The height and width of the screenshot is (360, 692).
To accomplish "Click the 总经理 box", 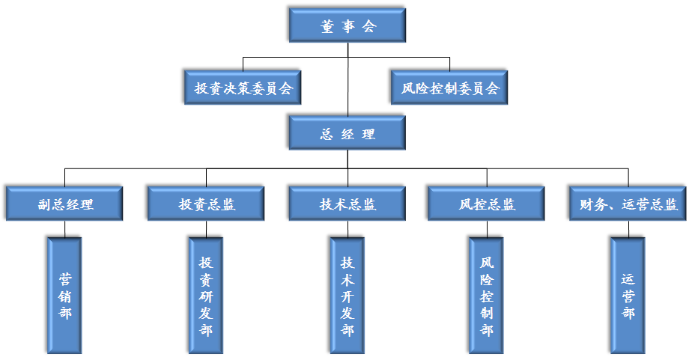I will coord(347,135).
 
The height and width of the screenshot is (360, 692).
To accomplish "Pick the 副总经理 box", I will coord(64,204).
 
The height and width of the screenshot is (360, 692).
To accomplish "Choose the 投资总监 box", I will coord(207,204).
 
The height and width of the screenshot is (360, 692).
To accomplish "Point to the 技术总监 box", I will coord(347,204).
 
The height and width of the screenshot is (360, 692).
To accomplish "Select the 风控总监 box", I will coord(487,204).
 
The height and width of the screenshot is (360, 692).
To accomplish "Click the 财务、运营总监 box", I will coord(628,204).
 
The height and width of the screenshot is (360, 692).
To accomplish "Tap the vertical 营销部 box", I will coord(64,296).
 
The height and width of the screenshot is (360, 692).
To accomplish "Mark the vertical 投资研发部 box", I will coord(206,296).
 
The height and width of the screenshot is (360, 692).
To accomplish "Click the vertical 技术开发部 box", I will coord(347,296).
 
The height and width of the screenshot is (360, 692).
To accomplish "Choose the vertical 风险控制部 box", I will coord(487,296).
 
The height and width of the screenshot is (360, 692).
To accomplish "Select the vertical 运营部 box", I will coord(628,296).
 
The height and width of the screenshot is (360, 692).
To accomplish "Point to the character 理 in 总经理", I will coord(368,135).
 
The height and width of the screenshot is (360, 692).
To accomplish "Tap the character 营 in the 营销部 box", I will coord(65,279).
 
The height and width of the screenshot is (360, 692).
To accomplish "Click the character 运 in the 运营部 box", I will coord(628,279).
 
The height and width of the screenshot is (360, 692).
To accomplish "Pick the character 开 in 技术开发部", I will coord(347,296).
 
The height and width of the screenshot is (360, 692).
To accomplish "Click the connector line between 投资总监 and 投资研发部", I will coord(206,230).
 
